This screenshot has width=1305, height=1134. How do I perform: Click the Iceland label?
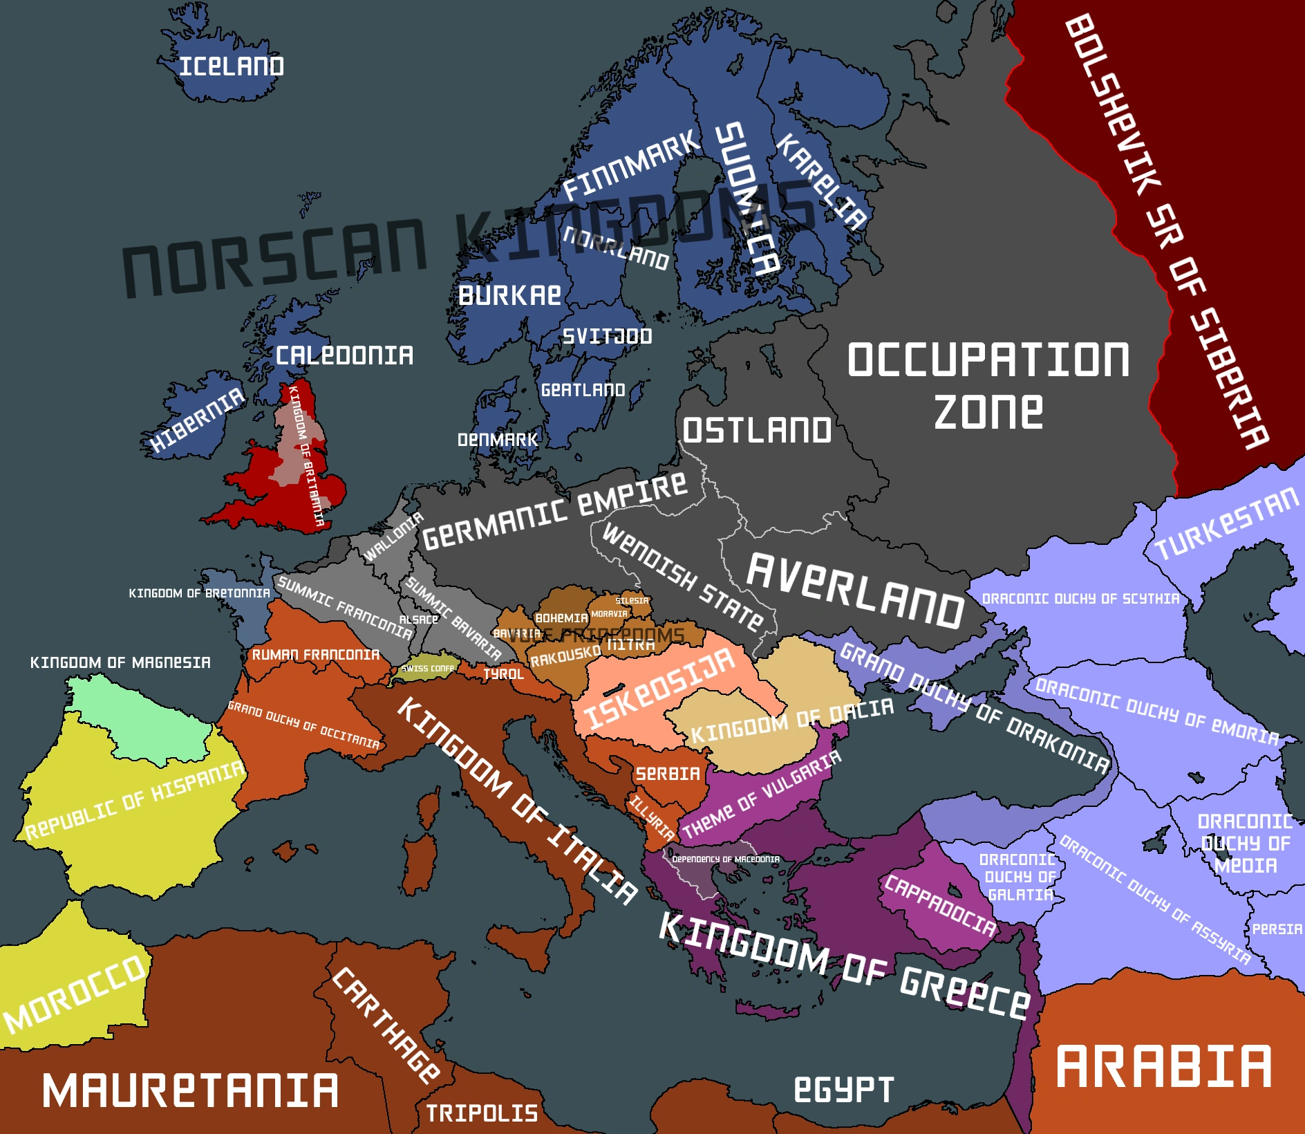pyautogui.click(x=232, y=66)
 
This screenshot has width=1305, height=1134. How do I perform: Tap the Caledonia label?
pyautogui.click(x=344, y=355)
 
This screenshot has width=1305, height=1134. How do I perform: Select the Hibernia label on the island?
pyautogui.click(x=198, y=420)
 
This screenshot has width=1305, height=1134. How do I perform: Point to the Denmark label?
pyautogui.click(x=497, y=440)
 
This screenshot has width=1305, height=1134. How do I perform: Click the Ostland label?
pyautogui.click(x=757, y=430)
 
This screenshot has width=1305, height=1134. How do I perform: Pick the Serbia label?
pyautogui.click(x=668, y=774)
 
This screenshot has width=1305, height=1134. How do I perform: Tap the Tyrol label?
pyautogui.click(x=503, y=674)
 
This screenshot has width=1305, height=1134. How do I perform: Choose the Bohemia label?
pyautogui.click(x=561, y=618)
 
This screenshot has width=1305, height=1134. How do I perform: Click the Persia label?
pyautogui.click(x=1277, y=929)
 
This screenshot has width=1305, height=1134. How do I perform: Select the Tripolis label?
pyautogui.click(x=482, y=1113)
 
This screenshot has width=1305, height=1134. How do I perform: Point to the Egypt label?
pyautogui.click(x=843, y=1090)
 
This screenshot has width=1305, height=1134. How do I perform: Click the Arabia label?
pyautogui.click(x=1164, y=1067)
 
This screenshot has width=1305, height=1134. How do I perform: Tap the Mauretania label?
pyautogui.click(x=191, y=1091)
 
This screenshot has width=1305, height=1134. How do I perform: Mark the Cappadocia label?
pyautogui.click(x=940, y=906)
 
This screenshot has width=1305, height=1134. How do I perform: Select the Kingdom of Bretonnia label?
pyautogui.click(x=199, y=593)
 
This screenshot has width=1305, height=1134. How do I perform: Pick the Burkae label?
pyautogui.click(x=509, y=296)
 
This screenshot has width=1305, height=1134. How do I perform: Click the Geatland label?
pyautogui.click(x=583, y=390)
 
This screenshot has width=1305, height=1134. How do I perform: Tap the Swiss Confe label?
pyautogui.click(x=428, y=669)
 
